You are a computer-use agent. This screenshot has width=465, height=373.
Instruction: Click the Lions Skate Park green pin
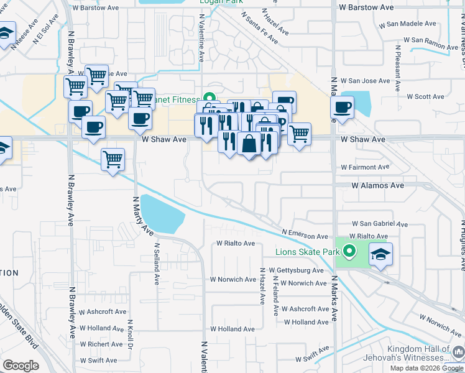(x=349, y=252)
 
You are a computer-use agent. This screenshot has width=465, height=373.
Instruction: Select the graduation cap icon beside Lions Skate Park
(x=380, y=254)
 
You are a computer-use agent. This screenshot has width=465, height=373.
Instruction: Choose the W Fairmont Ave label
(x=364, y=167)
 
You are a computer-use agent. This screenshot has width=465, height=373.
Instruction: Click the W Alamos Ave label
(x=377, y=185)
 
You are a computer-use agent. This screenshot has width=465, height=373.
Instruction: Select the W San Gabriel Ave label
(x=380, y=224)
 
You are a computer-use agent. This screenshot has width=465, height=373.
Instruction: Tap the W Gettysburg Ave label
(x=296, y=271)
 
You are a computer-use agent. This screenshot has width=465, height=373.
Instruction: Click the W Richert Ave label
(x=101, y=344)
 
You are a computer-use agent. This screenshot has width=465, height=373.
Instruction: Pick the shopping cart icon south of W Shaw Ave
(x=113, y=160)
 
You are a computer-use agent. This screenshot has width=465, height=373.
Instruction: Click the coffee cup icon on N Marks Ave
(x=343, y=107)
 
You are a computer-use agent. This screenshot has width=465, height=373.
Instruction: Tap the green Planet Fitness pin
(x=210, y=99)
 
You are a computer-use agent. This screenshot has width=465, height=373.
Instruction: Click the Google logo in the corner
(x=21, y=366)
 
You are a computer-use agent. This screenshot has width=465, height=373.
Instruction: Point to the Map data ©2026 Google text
(x=426, y=368)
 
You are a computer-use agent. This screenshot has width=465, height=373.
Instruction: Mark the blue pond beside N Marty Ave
(x=162, y=214)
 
